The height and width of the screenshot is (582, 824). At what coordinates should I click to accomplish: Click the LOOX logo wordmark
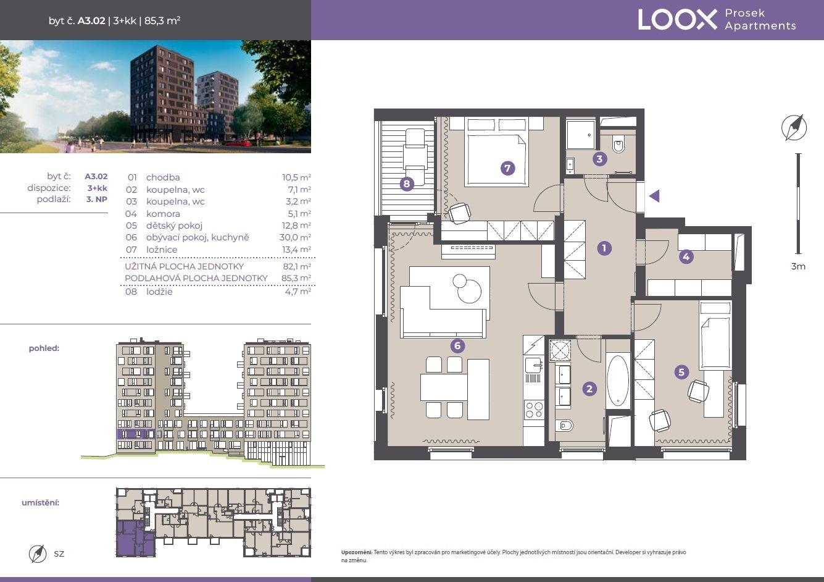point(677,20)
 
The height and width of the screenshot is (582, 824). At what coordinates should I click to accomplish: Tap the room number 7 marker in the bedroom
point(507,168)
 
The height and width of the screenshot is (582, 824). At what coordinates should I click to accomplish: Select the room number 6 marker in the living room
point(457,345)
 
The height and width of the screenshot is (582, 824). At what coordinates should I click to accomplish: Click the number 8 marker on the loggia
point(407,183)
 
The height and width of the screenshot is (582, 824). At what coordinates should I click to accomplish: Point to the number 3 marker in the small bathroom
point(599,159)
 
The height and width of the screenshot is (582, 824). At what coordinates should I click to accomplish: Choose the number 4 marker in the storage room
point(686,256)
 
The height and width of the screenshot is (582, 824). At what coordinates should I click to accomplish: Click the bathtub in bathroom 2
point(618,380)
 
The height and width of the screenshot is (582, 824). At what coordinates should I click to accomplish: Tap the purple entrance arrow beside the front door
point(654,196)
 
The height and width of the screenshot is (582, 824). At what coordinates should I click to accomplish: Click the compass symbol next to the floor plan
point(794,128)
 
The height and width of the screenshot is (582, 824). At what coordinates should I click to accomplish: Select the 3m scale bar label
point(798,266)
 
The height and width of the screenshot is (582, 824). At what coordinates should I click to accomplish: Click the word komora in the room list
point(163,214)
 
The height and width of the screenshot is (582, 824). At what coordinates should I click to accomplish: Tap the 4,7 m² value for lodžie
point(298,292)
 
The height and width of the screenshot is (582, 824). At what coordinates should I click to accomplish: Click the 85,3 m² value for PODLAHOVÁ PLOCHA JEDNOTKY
point(296,278)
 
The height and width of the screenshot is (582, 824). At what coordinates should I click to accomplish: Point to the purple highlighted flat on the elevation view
point(136,434)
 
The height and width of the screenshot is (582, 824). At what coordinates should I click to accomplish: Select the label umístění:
point(41,502)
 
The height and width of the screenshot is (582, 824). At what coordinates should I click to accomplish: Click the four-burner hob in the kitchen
point(534,410)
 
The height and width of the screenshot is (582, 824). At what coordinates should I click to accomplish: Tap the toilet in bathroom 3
point(619,145)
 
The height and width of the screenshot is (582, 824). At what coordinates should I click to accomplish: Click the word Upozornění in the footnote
point(357,552)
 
